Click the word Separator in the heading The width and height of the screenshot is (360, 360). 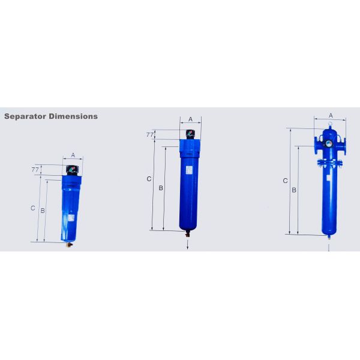click(25, 116)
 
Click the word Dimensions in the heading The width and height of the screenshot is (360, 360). click(73, 116)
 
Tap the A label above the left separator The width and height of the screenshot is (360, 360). click(73, 155)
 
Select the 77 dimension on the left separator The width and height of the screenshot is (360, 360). click(35, 170)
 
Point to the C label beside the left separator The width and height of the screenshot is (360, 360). click(33, 208)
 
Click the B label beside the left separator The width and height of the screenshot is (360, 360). click(43, 211)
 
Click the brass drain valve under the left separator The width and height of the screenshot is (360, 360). click(69, 245)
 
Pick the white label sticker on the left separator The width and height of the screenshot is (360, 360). click(71, 218)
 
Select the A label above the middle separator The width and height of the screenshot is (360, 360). click(190, 119)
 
